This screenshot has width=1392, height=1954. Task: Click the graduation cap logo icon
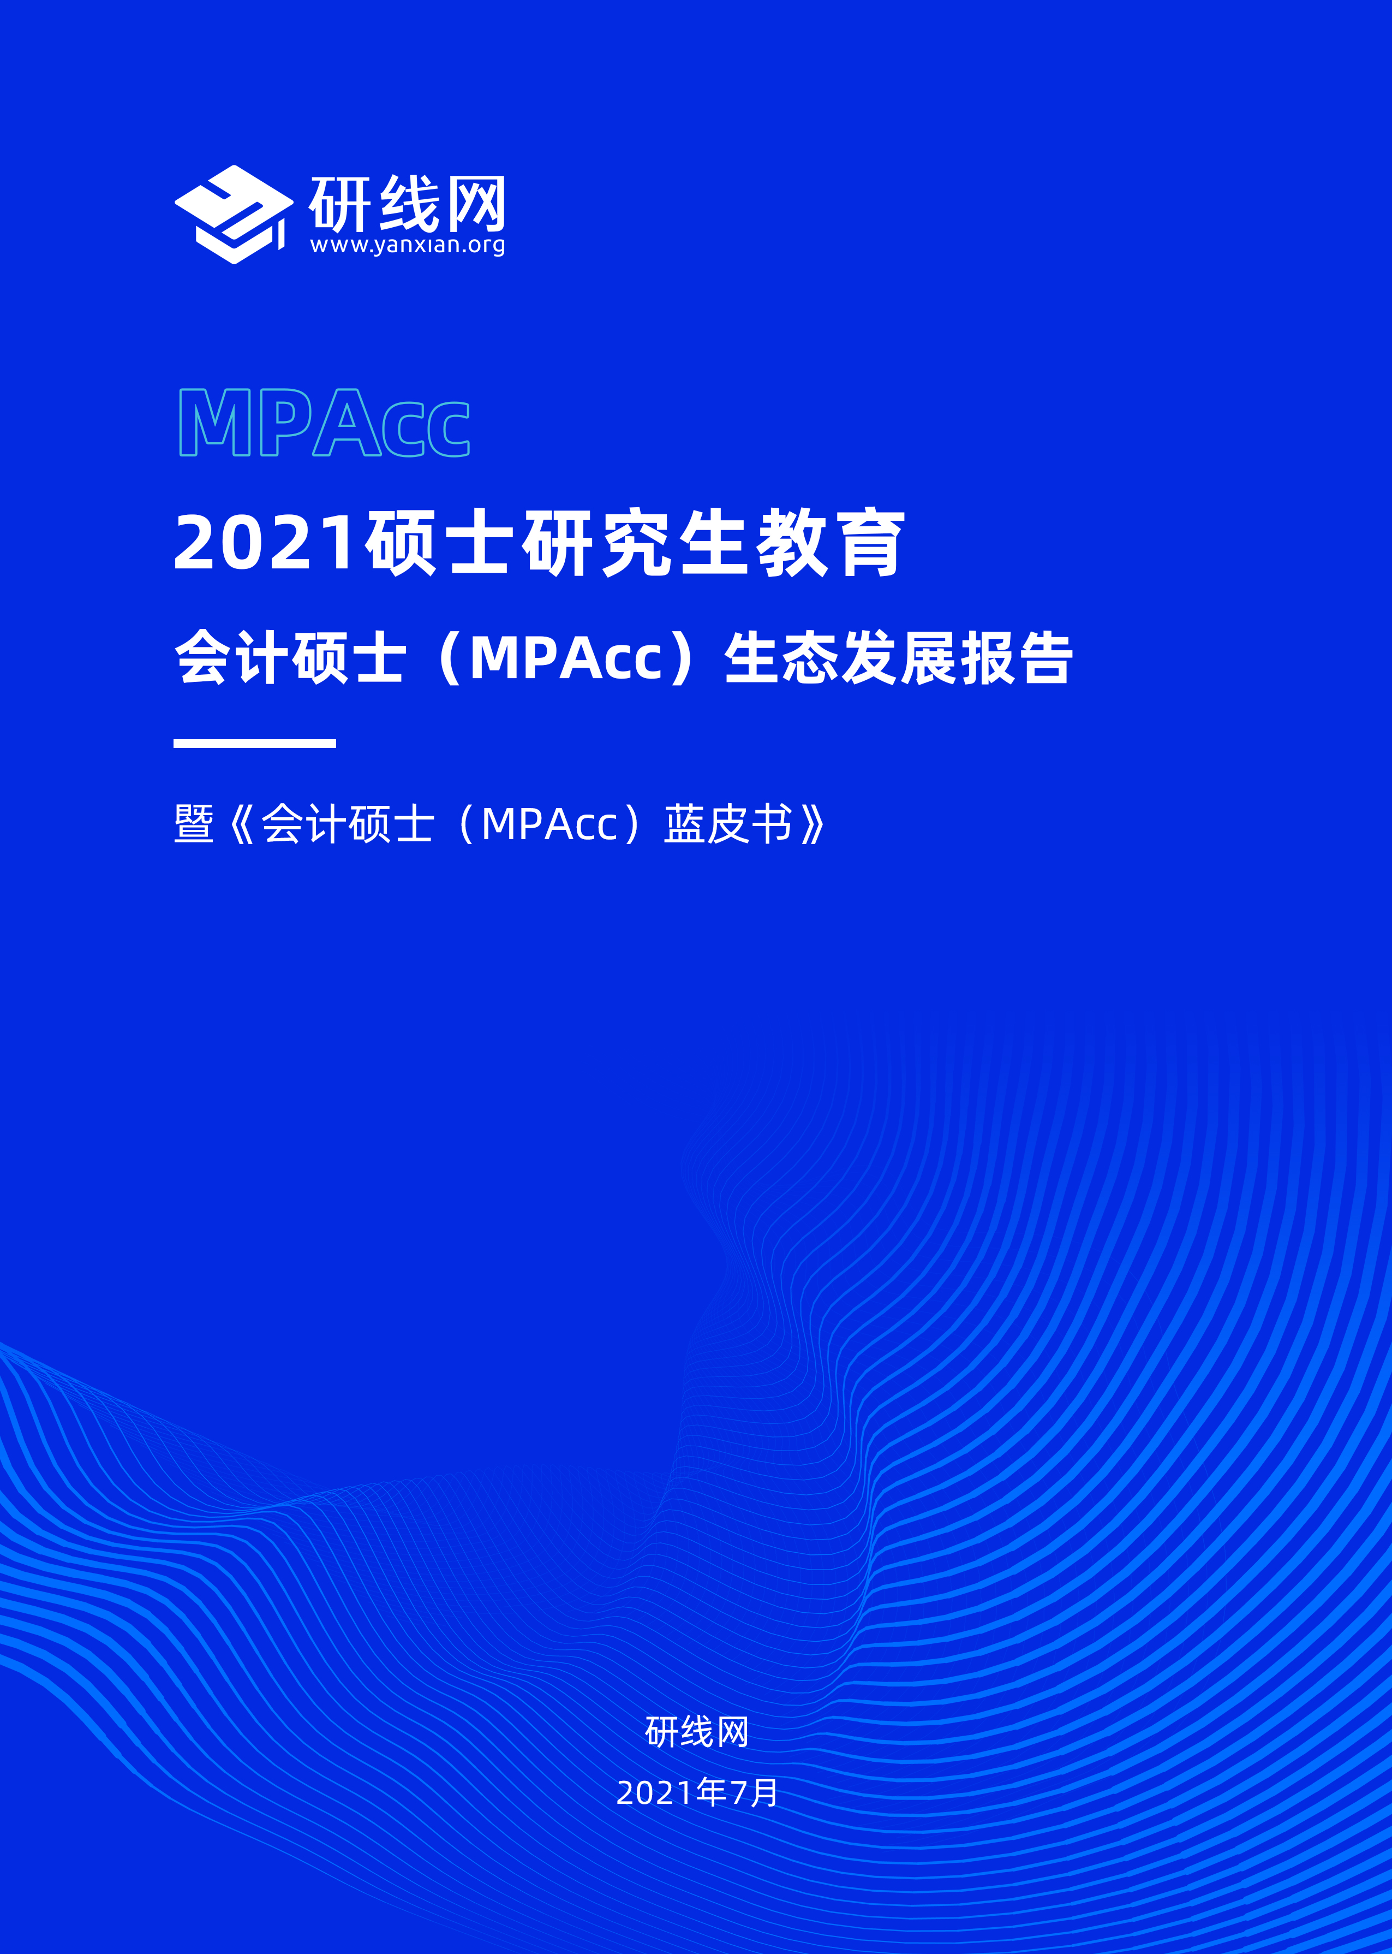point(233,215)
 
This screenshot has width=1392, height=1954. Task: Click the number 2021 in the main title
point(265,542)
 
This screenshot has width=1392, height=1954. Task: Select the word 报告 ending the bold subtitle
point(1017,658)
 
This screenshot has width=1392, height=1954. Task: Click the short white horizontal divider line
point(255,744)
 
